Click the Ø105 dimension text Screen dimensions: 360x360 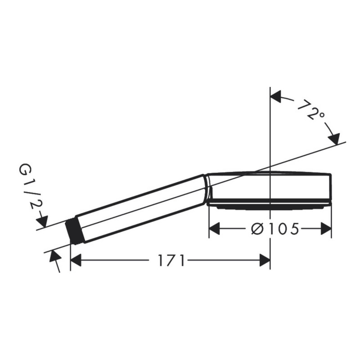[274, 229]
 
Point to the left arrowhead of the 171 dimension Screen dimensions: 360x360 [76, 261]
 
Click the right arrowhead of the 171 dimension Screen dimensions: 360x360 [265, 261]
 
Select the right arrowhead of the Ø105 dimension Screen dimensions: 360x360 [326, 229]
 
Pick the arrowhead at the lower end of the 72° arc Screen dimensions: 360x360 [333, 139]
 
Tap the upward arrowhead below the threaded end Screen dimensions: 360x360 [54, 256]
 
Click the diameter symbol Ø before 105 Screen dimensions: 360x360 [256, 229]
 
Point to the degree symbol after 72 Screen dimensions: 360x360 [320, 117]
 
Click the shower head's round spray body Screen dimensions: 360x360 [270, 187]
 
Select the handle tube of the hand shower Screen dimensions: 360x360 [139, 208]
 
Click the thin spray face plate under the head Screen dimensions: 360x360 [270, 206]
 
